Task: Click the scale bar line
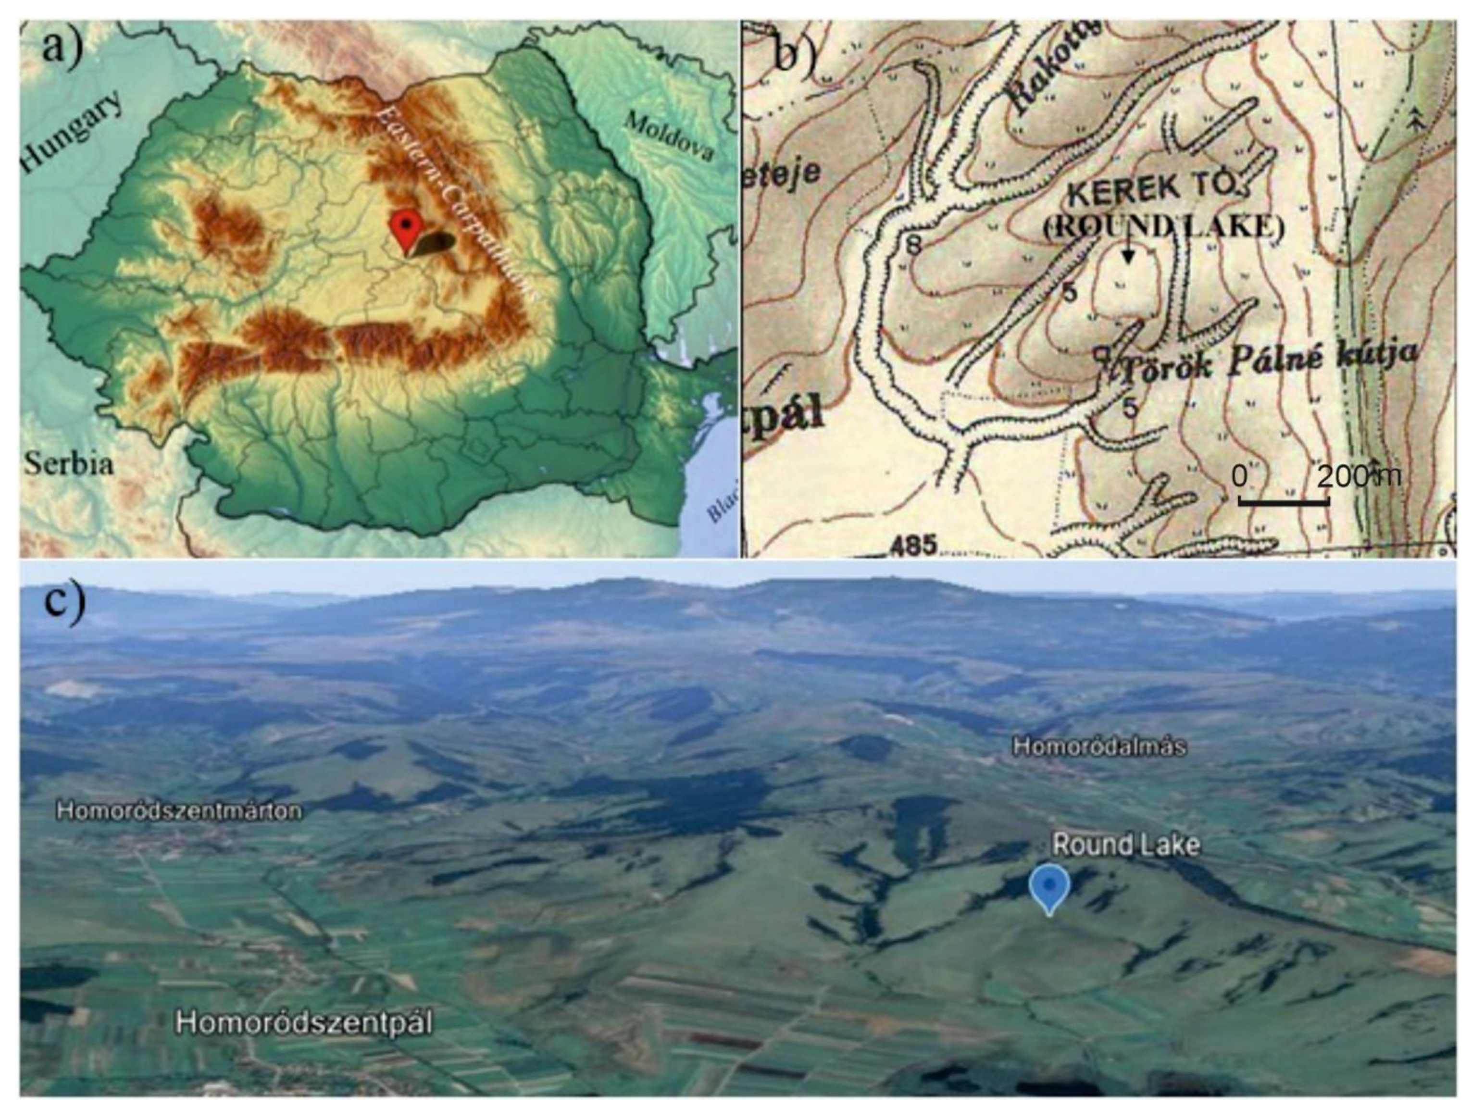(x=1284, y=501)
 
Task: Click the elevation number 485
(x=912, y=545)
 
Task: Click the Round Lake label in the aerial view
(x=1125, y=846)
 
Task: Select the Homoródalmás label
(x=1098, y=746)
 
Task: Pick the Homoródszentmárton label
(x=179, y=811)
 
